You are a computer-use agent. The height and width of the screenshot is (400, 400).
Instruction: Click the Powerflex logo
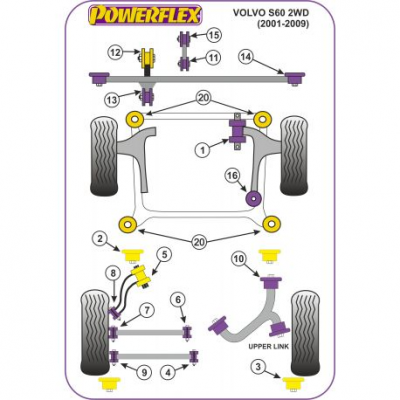click(x=145, y=15)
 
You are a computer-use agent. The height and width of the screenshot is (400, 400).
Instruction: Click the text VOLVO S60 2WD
click(x=271, y=13)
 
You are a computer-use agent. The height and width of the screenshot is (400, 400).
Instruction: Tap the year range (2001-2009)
click(x=283, y=24)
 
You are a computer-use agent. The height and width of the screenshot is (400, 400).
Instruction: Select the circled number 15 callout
click(x=214, y=35)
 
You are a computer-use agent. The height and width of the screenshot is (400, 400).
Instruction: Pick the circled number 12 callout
click(x=115, y=52)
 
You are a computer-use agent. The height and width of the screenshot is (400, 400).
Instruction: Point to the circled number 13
click(x=112, y=99)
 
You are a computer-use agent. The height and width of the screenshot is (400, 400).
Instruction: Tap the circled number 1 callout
click(x=203, y=150)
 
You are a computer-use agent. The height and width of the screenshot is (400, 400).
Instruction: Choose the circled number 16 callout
click(x=232, y=175)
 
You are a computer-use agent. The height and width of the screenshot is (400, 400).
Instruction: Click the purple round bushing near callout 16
click(x=254, y=198)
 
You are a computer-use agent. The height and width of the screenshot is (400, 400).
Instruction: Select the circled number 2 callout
click(x=100, y=239)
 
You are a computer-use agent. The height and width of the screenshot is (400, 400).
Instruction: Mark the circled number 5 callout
click(x=165, y=255)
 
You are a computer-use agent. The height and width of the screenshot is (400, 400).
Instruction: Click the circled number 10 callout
click(x=240, y=259)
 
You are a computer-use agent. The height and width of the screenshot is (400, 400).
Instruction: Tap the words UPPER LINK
click(x=269, y=346)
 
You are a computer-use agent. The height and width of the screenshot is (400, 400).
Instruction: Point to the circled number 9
click(x=144, y=372)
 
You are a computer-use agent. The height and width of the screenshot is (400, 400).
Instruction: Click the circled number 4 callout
click(x=168, y=372)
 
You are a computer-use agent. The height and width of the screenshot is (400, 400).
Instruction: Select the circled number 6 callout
click(x=178, y=300)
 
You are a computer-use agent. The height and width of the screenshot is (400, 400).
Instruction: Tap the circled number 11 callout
click(x=214, y=58)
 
